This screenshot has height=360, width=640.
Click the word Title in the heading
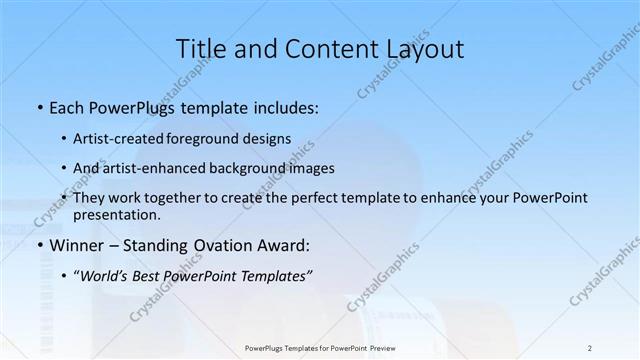tap(200, 49)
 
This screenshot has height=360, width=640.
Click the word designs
tap(269, 138)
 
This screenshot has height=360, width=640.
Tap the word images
tap(313, 168)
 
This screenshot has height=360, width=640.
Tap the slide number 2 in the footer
tap(590, 347)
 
